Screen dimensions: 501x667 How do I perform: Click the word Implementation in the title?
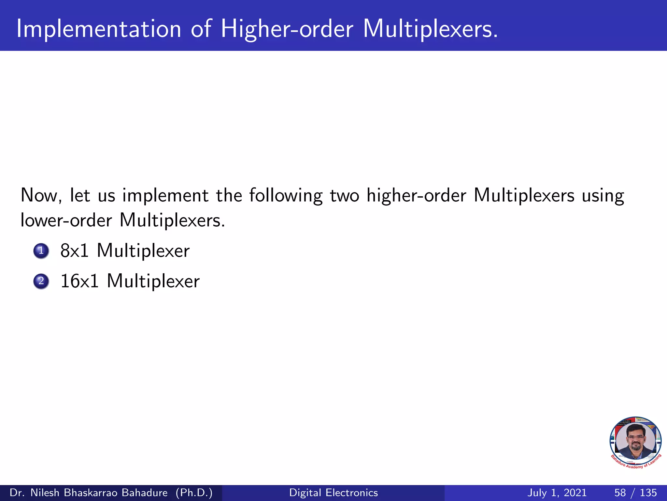coord(98,29)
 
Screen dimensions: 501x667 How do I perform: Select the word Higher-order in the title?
coord(287,29)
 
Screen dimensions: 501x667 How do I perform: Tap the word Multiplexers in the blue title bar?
coord(430,29)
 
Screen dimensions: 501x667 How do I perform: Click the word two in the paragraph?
coord(345,196)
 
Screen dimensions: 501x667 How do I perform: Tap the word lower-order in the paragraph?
coord(66,220)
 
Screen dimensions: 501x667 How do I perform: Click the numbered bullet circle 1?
coord(41,251)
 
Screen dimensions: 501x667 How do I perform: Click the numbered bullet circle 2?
coord(41,281)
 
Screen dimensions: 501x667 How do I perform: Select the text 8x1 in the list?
coord(75,251)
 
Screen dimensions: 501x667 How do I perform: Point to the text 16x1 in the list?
coord(79,281)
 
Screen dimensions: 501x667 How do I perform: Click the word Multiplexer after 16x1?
coord(153,281)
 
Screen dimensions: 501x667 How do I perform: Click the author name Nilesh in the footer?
coord(45,493)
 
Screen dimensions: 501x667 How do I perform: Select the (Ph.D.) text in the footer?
coord(194,493)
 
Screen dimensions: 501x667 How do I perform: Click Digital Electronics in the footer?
coord(333,493)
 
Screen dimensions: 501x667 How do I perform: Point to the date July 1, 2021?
coord(557,493)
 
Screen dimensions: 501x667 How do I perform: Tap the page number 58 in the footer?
coord(620,493)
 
